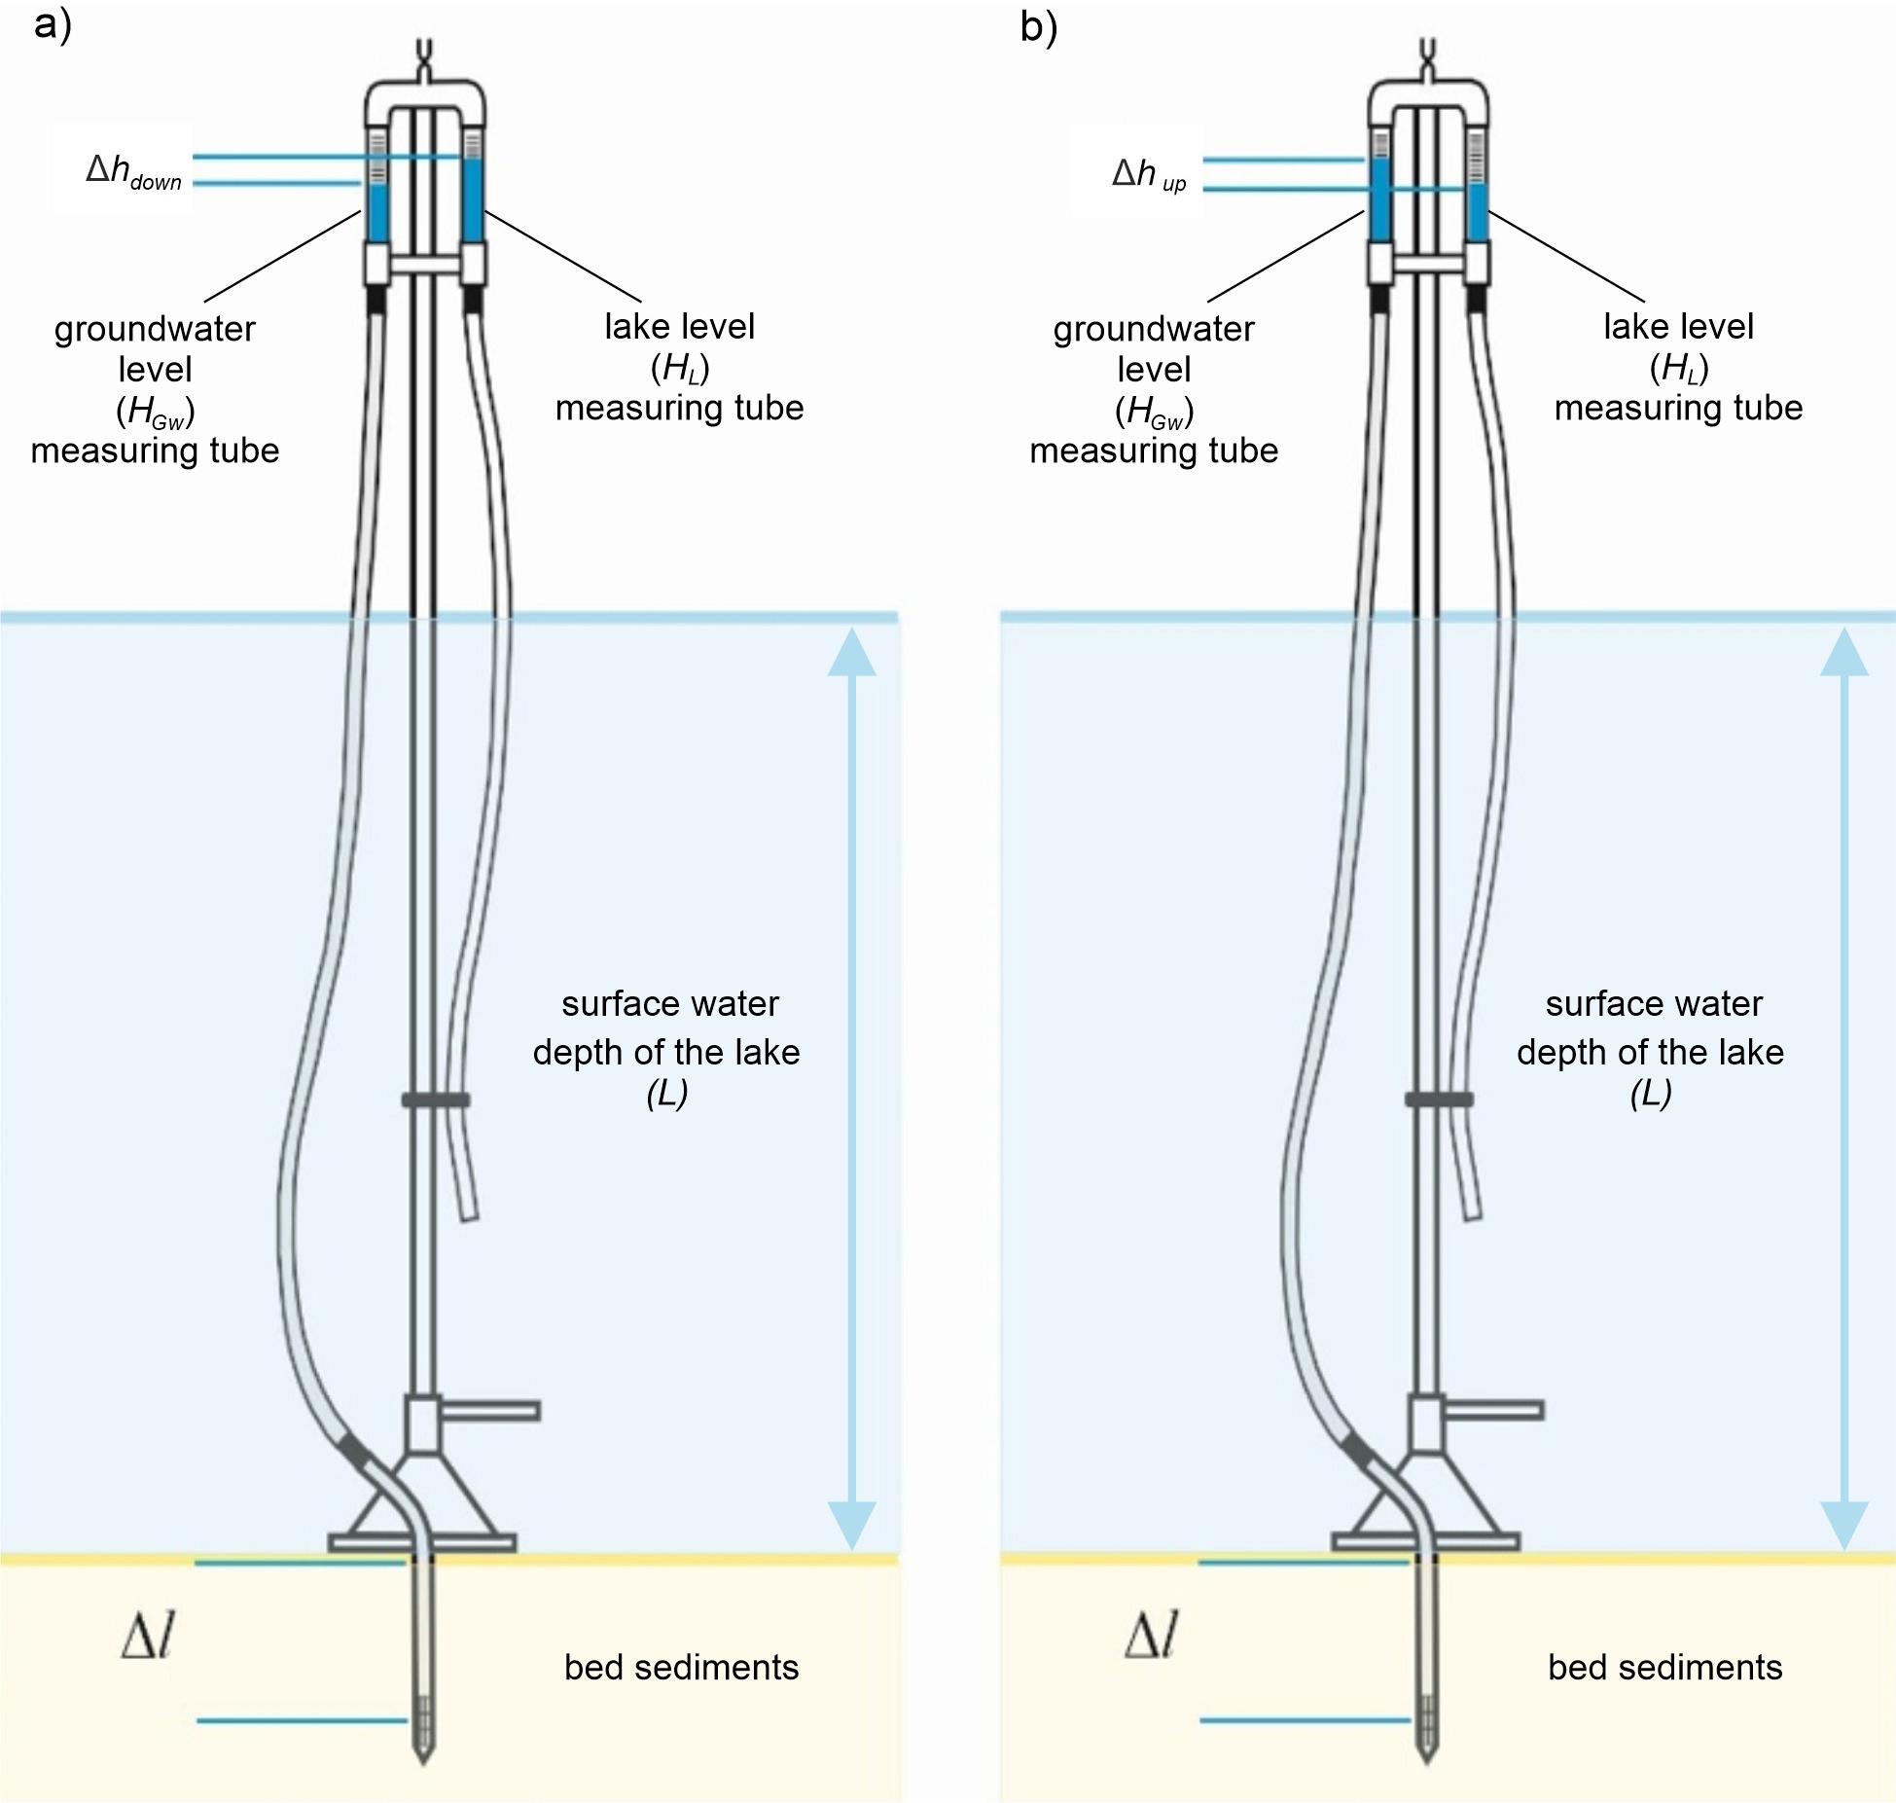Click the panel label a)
click(53, 26)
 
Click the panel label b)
click(1038, 28)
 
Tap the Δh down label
click(133, 172)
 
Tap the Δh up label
click(1149, 175)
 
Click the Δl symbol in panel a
click(148, 1637)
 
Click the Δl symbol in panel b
click(1152, 1637)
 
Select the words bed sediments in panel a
click(681, 1668)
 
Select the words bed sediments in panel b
click(1664, 1668)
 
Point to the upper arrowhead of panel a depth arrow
click(851, 652)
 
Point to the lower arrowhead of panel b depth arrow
click(1843, 1524)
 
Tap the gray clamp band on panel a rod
click(435, 1100)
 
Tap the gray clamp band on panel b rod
click(1438, 1100)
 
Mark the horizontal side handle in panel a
click(491, 1410)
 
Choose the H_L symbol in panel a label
click(680, 368)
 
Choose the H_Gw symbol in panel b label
click(1154, 412)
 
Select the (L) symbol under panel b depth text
click(1650, 1094)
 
